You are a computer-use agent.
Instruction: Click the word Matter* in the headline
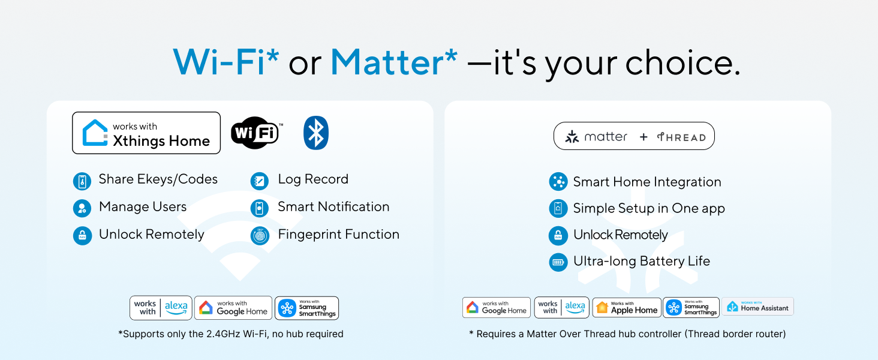click(393, 61)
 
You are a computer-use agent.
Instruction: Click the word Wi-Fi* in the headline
click(226, 61)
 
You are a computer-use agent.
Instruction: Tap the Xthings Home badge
click(146, 133)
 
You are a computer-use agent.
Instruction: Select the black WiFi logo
click(256, 133)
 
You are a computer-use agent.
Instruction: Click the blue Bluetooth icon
click(316, 133)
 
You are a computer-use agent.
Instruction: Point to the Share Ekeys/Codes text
click(158, 179)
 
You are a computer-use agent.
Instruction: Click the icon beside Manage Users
click(82, 208)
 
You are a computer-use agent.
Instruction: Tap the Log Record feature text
click(312, 179)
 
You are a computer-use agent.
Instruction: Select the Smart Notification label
click(333, 207)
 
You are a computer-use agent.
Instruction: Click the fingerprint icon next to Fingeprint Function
click(260, 235)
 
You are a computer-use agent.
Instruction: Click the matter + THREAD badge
click(634, 137)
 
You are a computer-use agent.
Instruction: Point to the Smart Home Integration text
click(647, 182)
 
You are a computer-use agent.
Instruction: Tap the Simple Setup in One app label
click(648, 208)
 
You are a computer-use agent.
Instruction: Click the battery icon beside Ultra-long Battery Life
click(558, 262)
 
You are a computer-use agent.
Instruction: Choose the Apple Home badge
click(627, 308)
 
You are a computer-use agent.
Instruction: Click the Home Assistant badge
click(757, 307)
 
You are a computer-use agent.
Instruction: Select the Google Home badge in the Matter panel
click(497, 308)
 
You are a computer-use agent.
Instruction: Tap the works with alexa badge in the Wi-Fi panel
click(161, 308)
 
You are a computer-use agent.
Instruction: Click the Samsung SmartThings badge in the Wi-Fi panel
click(306, 308)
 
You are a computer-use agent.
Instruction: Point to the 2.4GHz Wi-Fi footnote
click(230, 334)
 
